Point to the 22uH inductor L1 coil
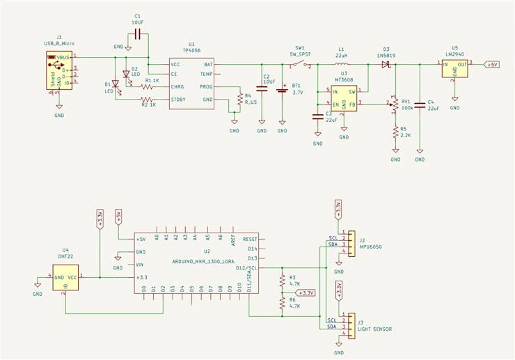(x=341, y=65)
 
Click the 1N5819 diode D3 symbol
(x=385, y=64)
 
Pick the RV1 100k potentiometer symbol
(x=395, y=105)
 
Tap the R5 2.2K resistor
(x=395, y=132)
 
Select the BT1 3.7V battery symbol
(x=282, y=90)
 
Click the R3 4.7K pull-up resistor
(x=282, y=281)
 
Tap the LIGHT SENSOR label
(x=375, y=329)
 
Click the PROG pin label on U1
(x=206, y=87)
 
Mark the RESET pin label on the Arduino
(x=251, y=239)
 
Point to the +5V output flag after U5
(x=491, y=64)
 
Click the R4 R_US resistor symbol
(x=239, y=100)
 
